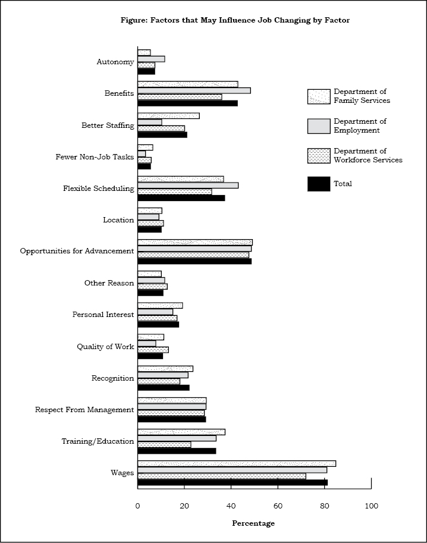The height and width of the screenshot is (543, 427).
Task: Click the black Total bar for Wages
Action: (x=233, y=482)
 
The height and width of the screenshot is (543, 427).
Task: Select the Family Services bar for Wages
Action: (x=237, y=464)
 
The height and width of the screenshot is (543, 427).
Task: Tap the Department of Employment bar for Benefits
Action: (x=194, y=91)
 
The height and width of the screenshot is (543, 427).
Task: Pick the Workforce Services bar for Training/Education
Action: (x=164, y=445)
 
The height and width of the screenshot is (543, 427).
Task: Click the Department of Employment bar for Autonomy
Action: (x=151, y=59)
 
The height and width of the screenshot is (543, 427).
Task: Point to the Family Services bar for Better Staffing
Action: (x=168, y=116)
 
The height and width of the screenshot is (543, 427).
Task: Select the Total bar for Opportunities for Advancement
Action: (x=194, y=261)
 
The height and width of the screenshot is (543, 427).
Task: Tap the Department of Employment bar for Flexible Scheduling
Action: (x=188, y=186)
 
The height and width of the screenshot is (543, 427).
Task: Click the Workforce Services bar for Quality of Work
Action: (x=153, y=350)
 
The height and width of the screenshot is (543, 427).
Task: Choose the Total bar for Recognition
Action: (x=164, y=388)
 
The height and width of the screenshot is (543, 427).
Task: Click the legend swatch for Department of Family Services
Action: (x=319, y=96)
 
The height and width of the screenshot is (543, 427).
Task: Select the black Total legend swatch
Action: (x=319, y=184)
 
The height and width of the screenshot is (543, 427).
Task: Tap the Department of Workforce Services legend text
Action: (x=368, y=155)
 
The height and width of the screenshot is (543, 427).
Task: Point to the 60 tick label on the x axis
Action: (x=278, y=506)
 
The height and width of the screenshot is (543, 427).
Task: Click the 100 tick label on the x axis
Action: (x=372, y=506)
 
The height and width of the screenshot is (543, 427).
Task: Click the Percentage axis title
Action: (x=253, y=523)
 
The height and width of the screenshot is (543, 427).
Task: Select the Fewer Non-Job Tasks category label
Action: (x=95, y=157)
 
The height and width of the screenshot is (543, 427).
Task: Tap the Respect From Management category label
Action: (x=84, y=410)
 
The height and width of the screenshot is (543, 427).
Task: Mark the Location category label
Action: (x=118, y=220)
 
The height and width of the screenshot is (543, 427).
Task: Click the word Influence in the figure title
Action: (x=236, y=20)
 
